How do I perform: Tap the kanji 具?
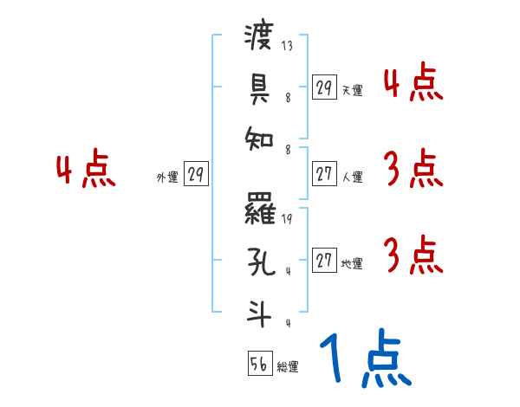tap(258, 86)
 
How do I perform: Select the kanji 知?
tap(258, 135)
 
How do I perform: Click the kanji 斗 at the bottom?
tap(258, 310)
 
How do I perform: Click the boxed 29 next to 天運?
tap(323, 87)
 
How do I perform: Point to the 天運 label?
tap(352, 90)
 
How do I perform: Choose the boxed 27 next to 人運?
tap(323, 173)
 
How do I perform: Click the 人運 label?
tap(352, 177)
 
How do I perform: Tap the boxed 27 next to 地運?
tap(323, 260)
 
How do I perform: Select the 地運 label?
tap(352, 263)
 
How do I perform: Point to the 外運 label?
tap(166, 177)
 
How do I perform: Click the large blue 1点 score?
tap(365, 360)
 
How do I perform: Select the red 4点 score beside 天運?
tap(413, 83)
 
